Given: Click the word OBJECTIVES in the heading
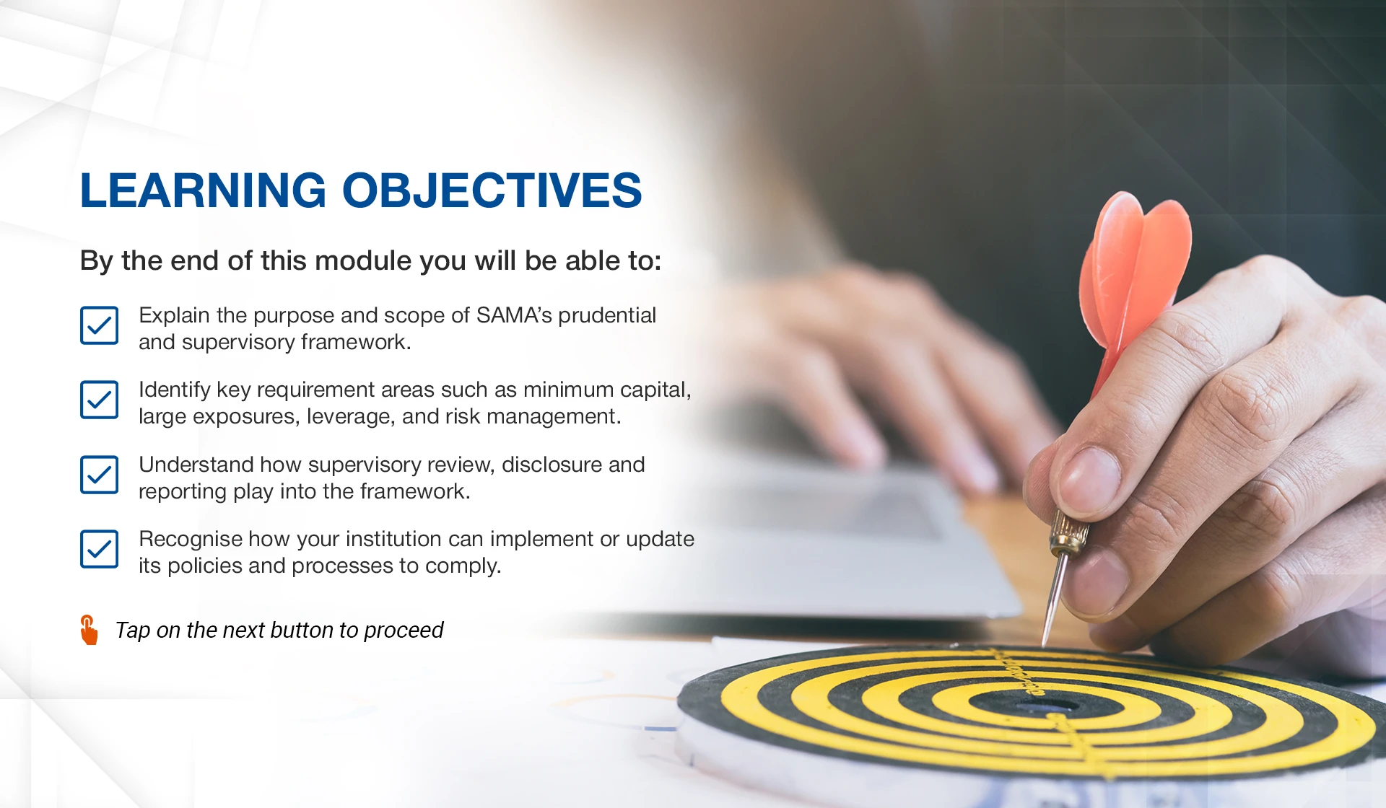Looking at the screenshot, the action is coord(492,190).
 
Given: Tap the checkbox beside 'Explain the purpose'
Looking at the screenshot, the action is coord(99,325).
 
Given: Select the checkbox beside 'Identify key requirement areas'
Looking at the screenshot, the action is coord(99,400).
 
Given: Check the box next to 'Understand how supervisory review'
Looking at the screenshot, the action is coord(99,475).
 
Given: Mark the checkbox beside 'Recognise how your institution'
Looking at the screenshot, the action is coord(99,549).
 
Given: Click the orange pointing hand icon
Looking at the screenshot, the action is coord(89,630).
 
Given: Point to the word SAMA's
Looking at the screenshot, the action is coord(514,315).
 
